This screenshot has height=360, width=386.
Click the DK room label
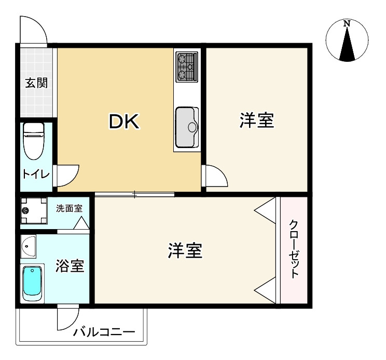pos(123,122)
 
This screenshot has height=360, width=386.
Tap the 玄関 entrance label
pos(36,82)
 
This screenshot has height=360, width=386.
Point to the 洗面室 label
pos(69,209)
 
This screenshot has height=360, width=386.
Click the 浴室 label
pos(70,266)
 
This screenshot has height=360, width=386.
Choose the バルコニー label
pos(104,332)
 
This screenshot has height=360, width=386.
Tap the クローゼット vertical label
pos(294,249)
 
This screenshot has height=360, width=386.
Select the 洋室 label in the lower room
pos(185,251)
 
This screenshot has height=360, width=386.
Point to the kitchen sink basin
pos(186,127)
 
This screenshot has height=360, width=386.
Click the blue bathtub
pos(33,283)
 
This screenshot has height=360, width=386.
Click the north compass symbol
pos(347,41)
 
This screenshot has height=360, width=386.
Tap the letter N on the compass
pos(347,23)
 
